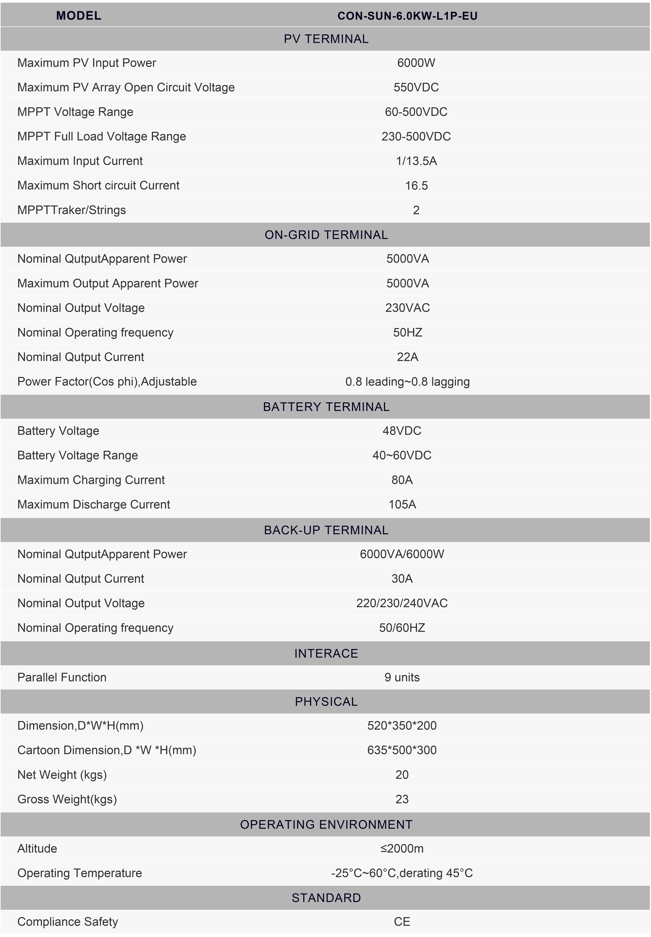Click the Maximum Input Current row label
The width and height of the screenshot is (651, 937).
80,161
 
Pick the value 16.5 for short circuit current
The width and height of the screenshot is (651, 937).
416,186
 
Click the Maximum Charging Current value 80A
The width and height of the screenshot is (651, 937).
402,480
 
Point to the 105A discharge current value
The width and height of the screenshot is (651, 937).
402,504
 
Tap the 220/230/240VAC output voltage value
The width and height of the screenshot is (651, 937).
402,603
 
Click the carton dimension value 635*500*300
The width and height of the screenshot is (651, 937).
402,750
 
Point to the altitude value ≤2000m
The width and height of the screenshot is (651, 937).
402,848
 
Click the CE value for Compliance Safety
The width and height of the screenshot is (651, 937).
402,921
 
